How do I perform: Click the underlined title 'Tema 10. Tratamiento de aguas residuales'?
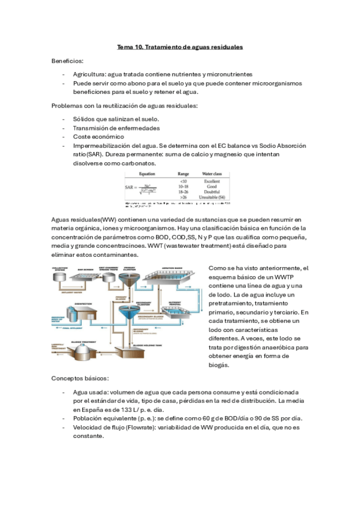tap(180, 47)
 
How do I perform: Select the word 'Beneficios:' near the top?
tap(67, 61)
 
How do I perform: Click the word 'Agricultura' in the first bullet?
tap(89, 75)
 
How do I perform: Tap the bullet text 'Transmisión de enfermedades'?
tap(117, 128)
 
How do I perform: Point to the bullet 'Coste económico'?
tap(99, 137)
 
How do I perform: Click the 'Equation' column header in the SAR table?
tap(147, 173)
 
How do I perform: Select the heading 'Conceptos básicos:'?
tap(80, 378)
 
